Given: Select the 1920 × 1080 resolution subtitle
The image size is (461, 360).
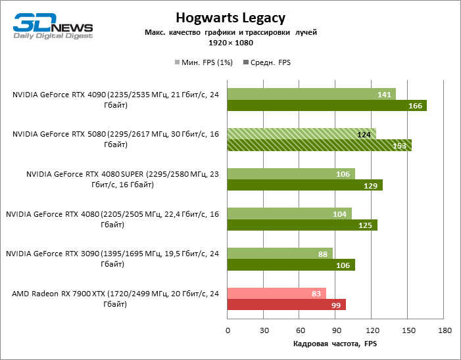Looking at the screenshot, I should click(230, 43).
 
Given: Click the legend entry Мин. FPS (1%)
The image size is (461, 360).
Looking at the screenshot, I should click(205, 62).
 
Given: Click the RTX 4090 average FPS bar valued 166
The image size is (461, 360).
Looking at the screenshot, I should click(327, 105).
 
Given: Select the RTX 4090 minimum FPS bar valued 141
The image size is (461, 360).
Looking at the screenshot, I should click(311, 94).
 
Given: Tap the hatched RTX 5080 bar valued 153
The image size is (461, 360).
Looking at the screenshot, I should click(319, 145).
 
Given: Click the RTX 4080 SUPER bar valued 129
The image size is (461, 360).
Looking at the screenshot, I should click(304, 185).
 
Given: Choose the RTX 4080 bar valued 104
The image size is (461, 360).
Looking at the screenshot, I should click(289, 214).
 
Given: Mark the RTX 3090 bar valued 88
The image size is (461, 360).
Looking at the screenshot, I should click(280, 254).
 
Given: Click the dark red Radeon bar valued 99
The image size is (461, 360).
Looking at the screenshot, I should click(286, 305).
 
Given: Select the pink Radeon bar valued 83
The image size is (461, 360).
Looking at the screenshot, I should click(276, 294).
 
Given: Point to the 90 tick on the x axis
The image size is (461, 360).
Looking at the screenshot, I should click(336, 330).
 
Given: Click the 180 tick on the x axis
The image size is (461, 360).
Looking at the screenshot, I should click(445, 330).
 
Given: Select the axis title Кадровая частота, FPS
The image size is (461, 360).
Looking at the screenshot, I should click(335, 344).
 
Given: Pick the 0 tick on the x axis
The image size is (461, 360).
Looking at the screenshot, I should click(228, 330).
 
